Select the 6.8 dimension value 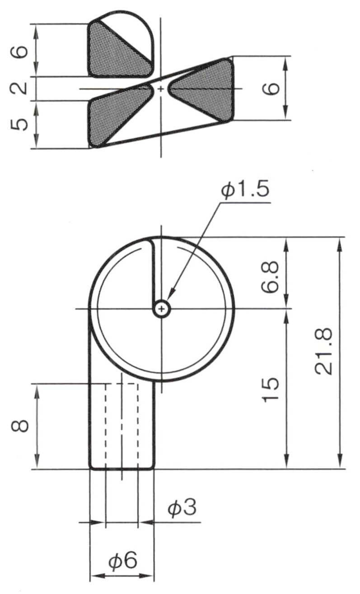[270, 277]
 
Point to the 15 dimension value [270, 390]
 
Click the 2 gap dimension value [19, 88]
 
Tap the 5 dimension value [19, 124]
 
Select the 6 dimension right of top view [271, 88]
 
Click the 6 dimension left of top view [19, 51]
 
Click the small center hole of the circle [162, 309]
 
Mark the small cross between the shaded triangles [161, 89]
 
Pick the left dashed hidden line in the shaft [106, 426]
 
